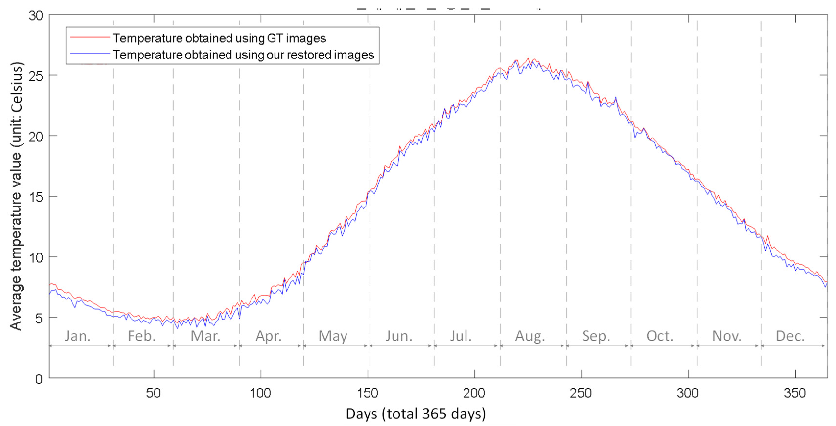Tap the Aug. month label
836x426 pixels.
pyautogui.click(x=530, y=336)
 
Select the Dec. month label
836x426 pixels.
pyautogui.click(x=790, y=336)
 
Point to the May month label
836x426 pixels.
pyautogui.click(x=333, y=336)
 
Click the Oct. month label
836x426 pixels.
pyautogui.click(x=660, y=336)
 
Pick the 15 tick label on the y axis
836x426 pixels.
pyautogui.click(x=36, y=197)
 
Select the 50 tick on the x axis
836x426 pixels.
pyautogui.click(x=153, y=393)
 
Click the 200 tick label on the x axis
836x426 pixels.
pyautogui.click(x=474, y=393)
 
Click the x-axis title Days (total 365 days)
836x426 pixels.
pyautogui.click(x=415, y=414)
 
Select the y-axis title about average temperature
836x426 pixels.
pyautogui.click(x=16, y=196)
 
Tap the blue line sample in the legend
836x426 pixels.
pyautogui.click(x=90, y=54)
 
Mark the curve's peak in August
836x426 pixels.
pyautogui.click(x=528, y=59)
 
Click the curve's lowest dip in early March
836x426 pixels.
pyautogui.click(x=177, y=328)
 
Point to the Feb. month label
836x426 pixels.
pyautogui.click(x=142, y=336)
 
